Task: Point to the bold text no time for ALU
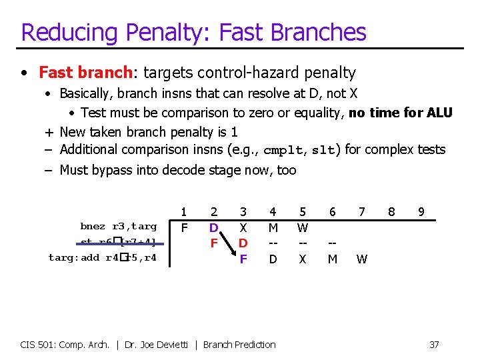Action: point(400,113)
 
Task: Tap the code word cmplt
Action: point(283,151)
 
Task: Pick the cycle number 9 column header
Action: point(421,212)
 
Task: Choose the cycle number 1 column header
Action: point(184,212)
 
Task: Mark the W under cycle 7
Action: point(361,259)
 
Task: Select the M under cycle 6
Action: point(332,259)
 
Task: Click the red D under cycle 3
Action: point(243,243)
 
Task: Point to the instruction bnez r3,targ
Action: point(118,227)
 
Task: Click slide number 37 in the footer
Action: point(434,345)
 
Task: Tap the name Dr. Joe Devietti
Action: point(159,345)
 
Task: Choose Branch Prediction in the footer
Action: point(239,345)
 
